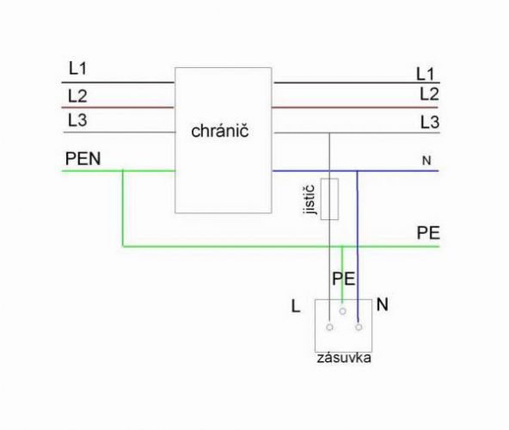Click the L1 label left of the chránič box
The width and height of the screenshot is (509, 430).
pos(77,68)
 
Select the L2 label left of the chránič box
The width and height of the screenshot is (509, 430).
pos(77,96)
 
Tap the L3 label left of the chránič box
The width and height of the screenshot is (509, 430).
pos(77,120)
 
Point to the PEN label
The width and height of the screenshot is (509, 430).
pos(83,158)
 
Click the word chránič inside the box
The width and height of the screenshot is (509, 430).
pos(220,131)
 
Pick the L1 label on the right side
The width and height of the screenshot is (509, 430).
pos(426,74)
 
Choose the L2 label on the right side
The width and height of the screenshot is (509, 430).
pos(429,95)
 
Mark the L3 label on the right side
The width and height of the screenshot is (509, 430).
pos(430,122)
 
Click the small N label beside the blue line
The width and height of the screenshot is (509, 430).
pos(426,161)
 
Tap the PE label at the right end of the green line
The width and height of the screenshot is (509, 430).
pos(428,233)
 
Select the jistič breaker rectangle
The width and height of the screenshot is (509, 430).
pos(329,199)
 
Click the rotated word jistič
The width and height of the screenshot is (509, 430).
pos(310,200)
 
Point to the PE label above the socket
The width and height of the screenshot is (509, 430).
pos(343,279)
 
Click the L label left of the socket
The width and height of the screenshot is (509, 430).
pos(296,306)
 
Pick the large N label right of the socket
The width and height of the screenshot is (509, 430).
pos(383,304)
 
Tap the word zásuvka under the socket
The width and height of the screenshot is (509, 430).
pos(344,358)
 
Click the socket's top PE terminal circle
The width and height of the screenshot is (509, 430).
pos(342,311)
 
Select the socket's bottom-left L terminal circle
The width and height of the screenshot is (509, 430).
pos(329,327)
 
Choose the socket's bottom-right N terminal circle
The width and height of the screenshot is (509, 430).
pos(359,327)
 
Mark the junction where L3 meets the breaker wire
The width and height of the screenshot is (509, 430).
pos(329,132)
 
